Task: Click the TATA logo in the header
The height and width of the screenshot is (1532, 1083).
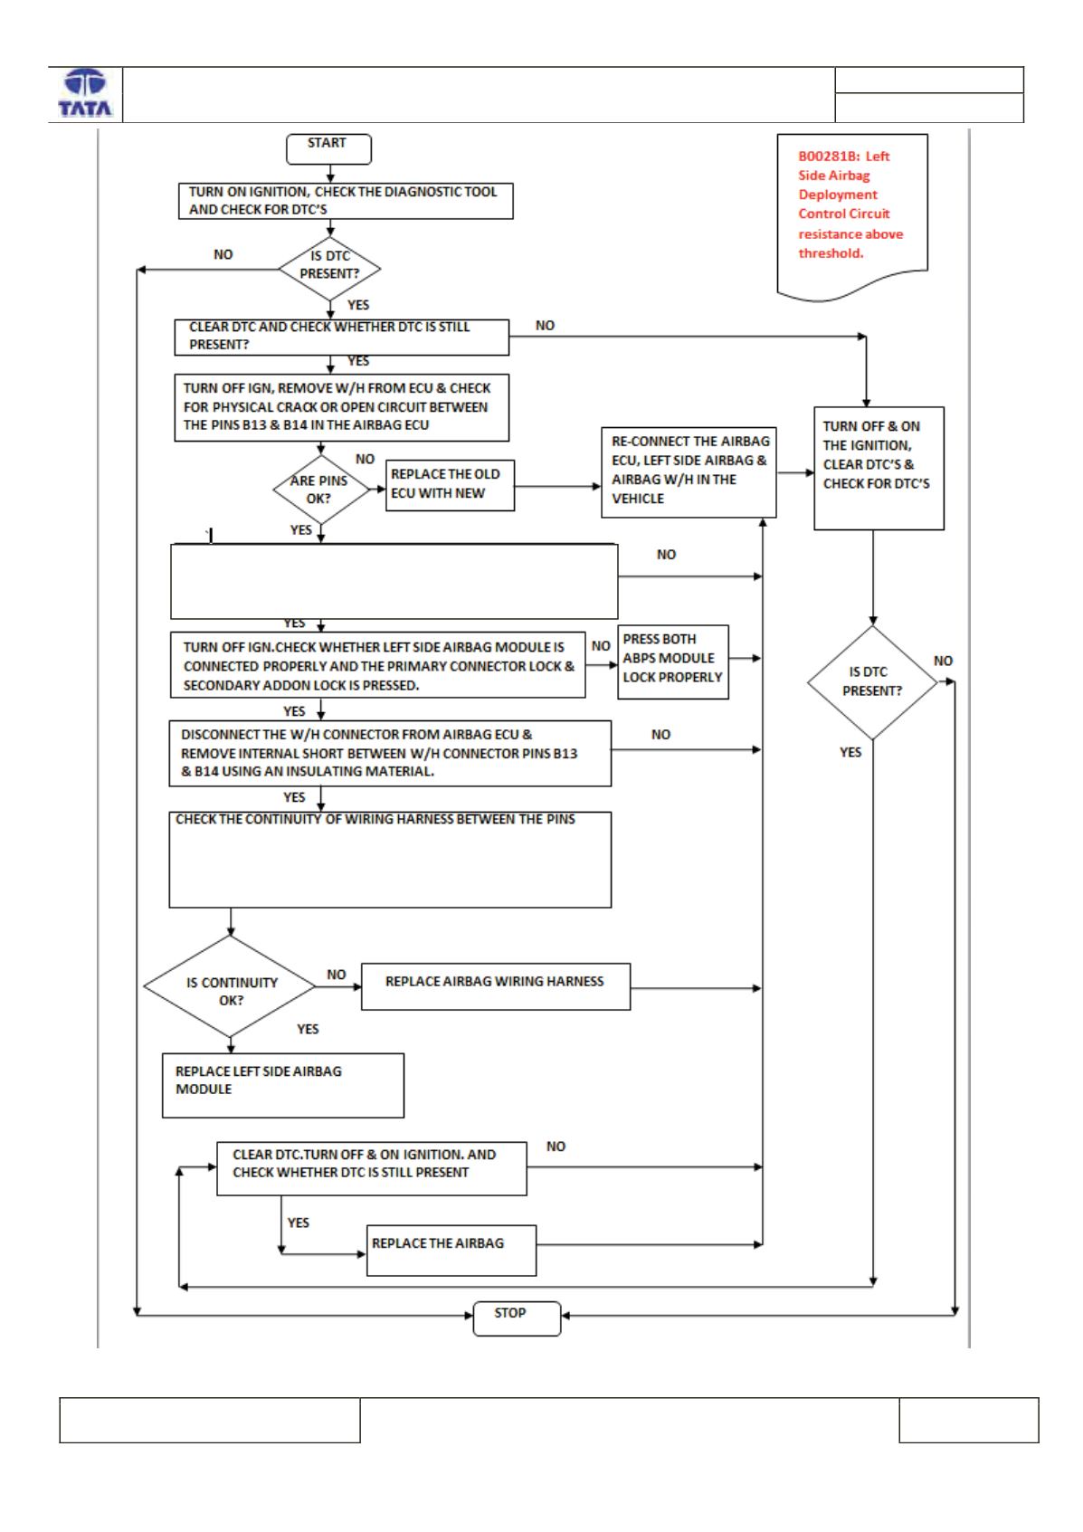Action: (85, 94)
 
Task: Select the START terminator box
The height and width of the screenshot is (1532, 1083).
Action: (328, 149)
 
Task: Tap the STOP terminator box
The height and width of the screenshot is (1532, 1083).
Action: (517, 1318)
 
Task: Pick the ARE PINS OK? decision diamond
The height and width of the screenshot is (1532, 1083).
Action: (320, 490)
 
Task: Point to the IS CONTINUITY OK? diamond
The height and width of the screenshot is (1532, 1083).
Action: (231, 986)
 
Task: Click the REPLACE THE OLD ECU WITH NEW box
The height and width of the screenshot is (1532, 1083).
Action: (450, 485)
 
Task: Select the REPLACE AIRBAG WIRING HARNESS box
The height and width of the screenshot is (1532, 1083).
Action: (495, 986)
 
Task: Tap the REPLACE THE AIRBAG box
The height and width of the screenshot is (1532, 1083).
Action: (451, 1251)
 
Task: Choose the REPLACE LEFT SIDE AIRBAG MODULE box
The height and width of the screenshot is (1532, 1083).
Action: (283, 1085)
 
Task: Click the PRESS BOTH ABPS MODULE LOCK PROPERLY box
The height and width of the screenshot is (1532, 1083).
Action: (673, 661)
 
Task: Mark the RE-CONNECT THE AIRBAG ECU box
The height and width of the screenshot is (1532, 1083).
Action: (689, 472)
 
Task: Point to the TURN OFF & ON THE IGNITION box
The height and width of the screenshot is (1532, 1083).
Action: (879, 468)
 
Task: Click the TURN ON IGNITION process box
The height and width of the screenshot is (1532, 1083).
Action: (346, 200)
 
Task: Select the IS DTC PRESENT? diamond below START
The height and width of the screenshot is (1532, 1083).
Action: (329, 269)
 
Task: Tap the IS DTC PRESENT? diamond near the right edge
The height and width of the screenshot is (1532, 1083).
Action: (872, 682)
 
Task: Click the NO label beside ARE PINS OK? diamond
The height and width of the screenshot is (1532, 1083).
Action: (366, 459)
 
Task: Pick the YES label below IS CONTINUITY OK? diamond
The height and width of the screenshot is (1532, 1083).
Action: (308, 1029)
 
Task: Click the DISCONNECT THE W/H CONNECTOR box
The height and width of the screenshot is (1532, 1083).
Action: (390, 753)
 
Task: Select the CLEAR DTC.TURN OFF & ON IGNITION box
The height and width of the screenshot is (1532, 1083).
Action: (371, 1168)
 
